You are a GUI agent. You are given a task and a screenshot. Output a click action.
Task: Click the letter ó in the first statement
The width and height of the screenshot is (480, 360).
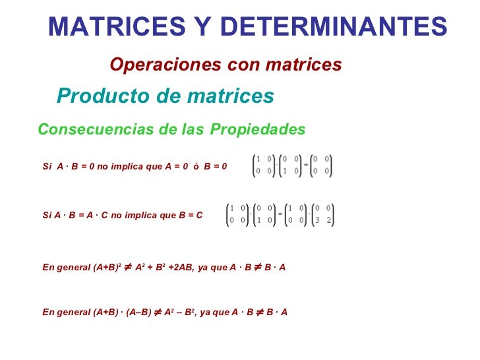pyautogui.click(x=196, y=167)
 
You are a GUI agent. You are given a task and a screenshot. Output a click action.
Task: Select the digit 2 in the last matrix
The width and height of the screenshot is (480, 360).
pyautogui.click(x=328, y=221)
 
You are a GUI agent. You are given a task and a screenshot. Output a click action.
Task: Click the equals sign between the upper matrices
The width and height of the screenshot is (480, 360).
pyautogui.click(x=306, y=165)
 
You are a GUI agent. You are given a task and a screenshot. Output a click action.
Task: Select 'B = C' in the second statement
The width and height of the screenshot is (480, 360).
pyautogui.click(x=190, y=216)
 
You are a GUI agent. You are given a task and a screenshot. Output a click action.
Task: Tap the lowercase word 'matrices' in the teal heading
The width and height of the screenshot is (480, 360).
pyautogui.click(x=230, y=96)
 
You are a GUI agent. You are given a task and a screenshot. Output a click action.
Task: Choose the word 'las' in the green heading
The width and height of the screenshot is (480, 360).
pyautogui.click(x=195, y=129)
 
